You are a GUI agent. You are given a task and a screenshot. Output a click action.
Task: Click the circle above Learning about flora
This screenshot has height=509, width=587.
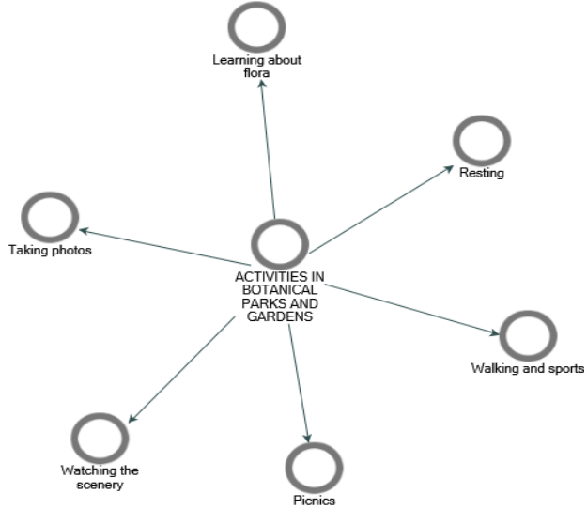[256, 28]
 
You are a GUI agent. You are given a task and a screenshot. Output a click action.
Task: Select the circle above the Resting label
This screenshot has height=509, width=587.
[482, 140]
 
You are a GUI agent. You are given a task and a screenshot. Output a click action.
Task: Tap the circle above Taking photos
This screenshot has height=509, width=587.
[49, 218]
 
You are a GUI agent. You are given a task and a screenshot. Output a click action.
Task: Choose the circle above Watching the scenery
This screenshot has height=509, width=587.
[99, 437]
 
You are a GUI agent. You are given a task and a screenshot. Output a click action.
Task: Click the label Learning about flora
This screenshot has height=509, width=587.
[256, 68]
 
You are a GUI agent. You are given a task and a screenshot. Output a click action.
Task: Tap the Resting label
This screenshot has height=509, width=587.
[482, 174]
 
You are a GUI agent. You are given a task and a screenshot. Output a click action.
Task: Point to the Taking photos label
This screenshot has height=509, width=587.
[50, 251]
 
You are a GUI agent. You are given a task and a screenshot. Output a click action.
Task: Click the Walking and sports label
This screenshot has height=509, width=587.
[528, 368]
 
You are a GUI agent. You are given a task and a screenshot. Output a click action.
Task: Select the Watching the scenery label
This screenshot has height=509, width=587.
[100, 477]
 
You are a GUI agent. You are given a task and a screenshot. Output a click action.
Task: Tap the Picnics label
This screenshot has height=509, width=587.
[314, 500]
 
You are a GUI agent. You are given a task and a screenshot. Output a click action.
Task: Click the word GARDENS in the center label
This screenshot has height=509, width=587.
[280, 317]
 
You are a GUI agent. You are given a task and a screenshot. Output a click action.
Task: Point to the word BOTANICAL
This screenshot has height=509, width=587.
[279, 291]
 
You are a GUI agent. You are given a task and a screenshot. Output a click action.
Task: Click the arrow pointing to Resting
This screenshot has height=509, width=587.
[380, 210]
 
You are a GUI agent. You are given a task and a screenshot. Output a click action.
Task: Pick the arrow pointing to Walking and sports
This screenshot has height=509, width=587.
[413, 308]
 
